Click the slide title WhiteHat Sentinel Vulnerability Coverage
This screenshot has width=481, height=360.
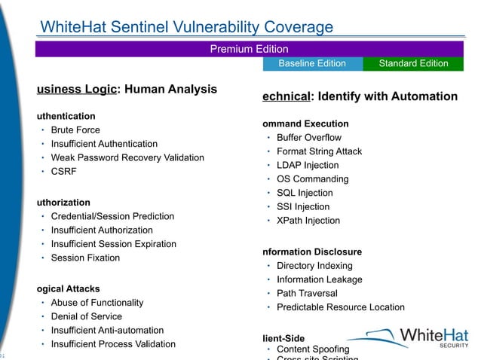[x=186, y=28]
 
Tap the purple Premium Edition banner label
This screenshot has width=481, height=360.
[x=249, y=49]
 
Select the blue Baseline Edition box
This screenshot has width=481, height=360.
[x=312, y=63]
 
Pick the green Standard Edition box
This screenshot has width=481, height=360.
[x=413, y=63]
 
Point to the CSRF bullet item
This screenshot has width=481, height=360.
[x=63, y=171]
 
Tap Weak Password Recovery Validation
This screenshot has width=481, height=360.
[x=127, y=157]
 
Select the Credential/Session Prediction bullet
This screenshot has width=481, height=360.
[x=112, y=216]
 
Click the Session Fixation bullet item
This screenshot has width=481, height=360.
[x=85, y=258]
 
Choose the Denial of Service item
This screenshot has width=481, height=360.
[x=86, y=316]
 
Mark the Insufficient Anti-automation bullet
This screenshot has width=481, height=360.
[x=107, y=330]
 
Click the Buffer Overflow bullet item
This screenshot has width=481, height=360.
[x=309, y=138]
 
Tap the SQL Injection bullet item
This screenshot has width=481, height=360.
[x=305, y=193]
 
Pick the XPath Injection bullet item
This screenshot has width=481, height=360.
[x=308, y=221]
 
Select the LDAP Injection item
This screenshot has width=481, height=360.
[x=308, y=165]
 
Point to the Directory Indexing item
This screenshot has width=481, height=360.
[x=314, y=266]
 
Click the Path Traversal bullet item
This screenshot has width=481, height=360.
[x=307, y=293]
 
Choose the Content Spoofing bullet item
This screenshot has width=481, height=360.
[x=313, y=349]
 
